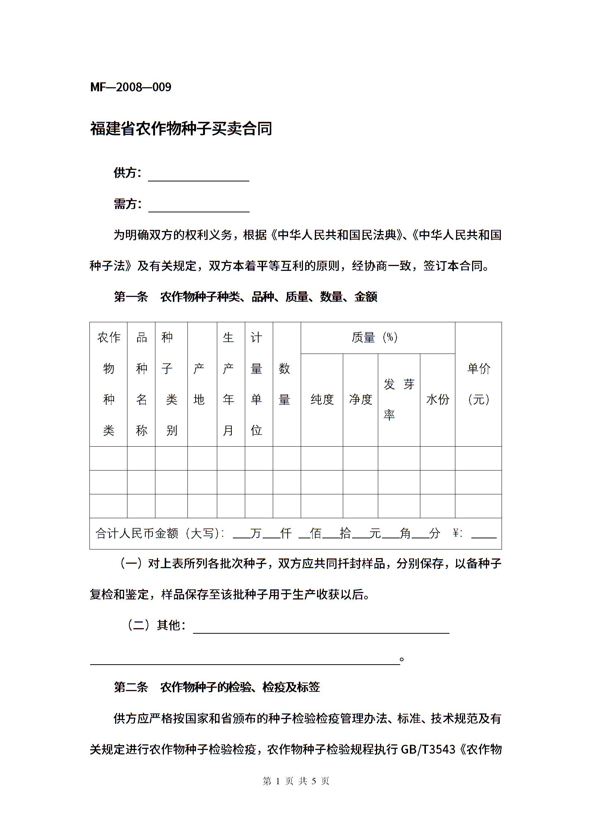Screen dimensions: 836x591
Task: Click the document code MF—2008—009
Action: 131,87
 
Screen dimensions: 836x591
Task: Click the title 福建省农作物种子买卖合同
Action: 181,129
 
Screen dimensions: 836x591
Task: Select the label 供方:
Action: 127,173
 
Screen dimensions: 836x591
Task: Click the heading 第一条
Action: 131,297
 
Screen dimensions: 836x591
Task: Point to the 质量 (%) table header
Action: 375,338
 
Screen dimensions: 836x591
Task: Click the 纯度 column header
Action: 322,399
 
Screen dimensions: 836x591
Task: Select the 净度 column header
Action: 360,399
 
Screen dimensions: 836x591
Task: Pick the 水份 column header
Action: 437,399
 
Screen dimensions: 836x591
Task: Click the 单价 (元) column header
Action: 478,384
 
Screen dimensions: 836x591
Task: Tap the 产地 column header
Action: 199,384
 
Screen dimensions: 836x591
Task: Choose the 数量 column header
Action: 284,384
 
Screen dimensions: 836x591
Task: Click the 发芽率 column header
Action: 399,399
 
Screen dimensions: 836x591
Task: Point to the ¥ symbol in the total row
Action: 456,533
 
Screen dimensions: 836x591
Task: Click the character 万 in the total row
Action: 256,533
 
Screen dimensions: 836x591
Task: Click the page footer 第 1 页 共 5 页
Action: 296,781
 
